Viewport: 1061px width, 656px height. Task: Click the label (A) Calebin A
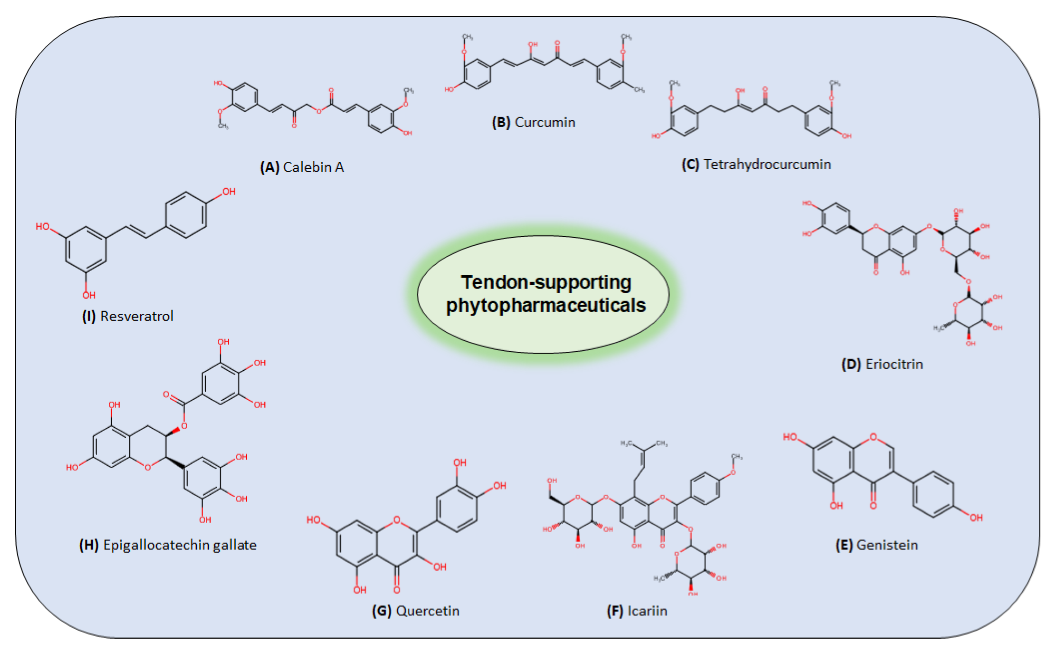301,167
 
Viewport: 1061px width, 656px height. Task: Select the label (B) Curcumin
533,122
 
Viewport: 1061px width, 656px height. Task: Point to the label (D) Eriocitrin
882,364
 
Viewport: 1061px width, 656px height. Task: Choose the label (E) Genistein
876,545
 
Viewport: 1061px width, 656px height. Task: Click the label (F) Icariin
636,611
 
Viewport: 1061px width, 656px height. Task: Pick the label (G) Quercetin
415,611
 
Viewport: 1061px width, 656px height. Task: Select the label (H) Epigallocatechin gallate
167,545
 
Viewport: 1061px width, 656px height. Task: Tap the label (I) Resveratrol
128,316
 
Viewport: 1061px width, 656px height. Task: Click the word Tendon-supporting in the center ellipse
546,282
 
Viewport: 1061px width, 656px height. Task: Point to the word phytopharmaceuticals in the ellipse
546,305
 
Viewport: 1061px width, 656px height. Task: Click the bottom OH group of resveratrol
89,295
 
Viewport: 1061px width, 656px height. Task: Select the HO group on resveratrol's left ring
43,226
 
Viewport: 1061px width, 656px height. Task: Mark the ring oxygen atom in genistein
873,437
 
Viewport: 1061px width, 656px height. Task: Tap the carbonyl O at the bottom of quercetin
396,590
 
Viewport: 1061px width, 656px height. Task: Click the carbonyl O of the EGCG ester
166,394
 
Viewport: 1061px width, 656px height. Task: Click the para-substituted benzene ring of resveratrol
186,215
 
